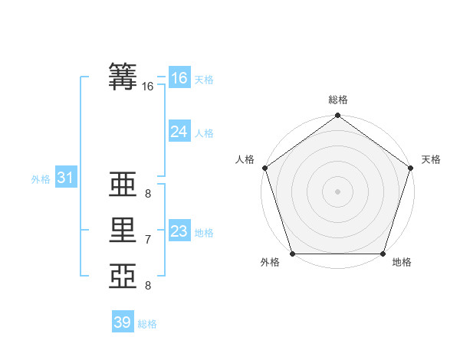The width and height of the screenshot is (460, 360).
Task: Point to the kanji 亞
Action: [123, 277]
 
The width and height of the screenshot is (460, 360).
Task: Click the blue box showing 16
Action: [179, 77]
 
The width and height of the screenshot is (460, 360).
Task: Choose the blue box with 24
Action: [179, 132]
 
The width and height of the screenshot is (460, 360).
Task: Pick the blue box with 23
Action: [179, 231]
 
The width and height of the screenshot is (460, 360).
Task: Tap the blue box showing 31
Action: [65, 178]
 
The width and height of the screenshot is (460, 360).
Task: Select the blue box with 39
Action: [123, 322]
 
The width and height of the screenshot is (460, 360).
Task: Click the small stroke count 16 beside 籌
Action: [148, 87]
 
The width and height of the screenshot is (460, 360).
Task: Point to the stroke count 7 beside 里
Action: [148, 240]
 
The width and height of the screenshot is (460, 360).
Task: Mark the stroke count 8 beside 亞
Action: [148, 286]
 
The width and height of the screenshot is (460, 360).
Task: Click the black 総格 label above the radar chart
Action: [337, 100]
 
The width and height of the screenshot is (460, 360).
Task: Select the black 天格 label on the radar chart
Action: [431, 159]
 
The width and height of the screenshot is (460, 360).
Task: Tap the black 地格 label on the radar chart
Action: [402, 263]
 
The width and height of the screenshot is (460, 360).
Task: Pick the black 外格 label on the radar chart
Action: [270, 263]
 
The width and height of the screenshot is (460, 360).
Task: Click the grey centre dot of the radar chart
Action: [337, 191]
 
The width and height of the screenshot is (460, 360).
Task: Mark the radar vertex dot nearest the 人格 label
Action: [265, 167]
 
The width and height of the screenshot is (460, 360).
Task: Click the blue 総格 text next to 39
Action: [147, 324]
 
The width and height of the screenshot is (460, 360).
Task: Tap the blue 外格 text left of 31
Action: [41, 179]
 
